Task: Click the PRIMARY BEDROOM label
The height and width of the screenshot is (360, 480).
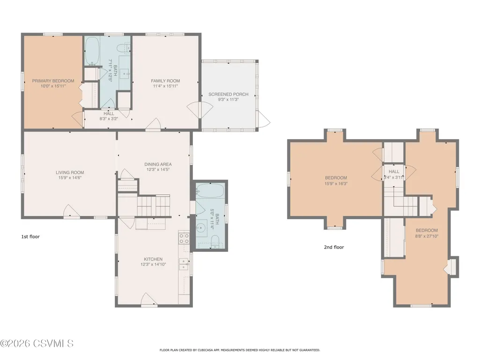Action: [x=53, y=81]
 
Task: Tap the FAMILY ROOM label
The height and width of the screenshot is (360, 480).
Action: [x=165, y=81]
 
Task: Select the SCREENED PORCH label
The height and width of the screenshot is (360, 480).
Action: [x=229, y=94]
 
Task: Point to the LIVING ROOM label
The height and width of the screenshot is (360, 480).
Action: [x=70, y=172]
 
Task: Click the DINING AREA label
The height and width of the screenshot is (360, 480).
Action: [x=158, y=164]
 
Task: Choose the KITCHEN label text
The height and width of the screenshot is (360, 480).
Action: [x=154, y=259]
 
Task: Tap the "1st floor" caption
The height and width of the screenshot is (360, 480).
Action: [x=30, y=236]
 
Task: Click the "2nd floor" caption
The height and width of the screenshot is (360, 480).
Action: [x=334, y=247]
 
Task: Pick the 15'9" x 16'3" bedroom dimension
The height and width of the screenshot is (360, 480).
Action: [x=336, y=184]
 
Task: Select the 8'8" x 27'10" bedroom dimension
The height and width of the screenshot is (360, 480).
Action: [x=427, y=236]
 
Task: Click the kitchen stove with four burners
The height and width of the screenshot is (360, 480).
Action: [x=184, y=238]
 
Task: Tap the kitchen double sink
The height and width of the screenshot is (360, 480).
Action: [x=184, y=264]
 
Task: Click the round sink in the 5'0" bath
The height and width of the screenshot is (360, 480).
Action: [x=201, y=228]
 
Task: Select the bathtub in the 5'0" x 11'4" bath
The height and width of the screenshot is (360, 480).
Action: [x=210, y=191]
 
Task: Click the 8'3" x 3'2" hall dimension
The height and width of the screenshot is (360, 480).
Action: [x=109, y=118]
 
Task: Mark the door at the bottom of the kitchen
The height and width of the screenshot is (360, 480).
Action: [x=149, y=300]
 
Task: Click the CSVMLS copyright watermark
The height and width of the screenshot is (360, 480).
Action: [x=37, y=344]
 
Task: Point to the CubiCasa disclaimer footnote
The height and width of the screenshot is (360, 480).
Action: [x=240, y=350]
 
